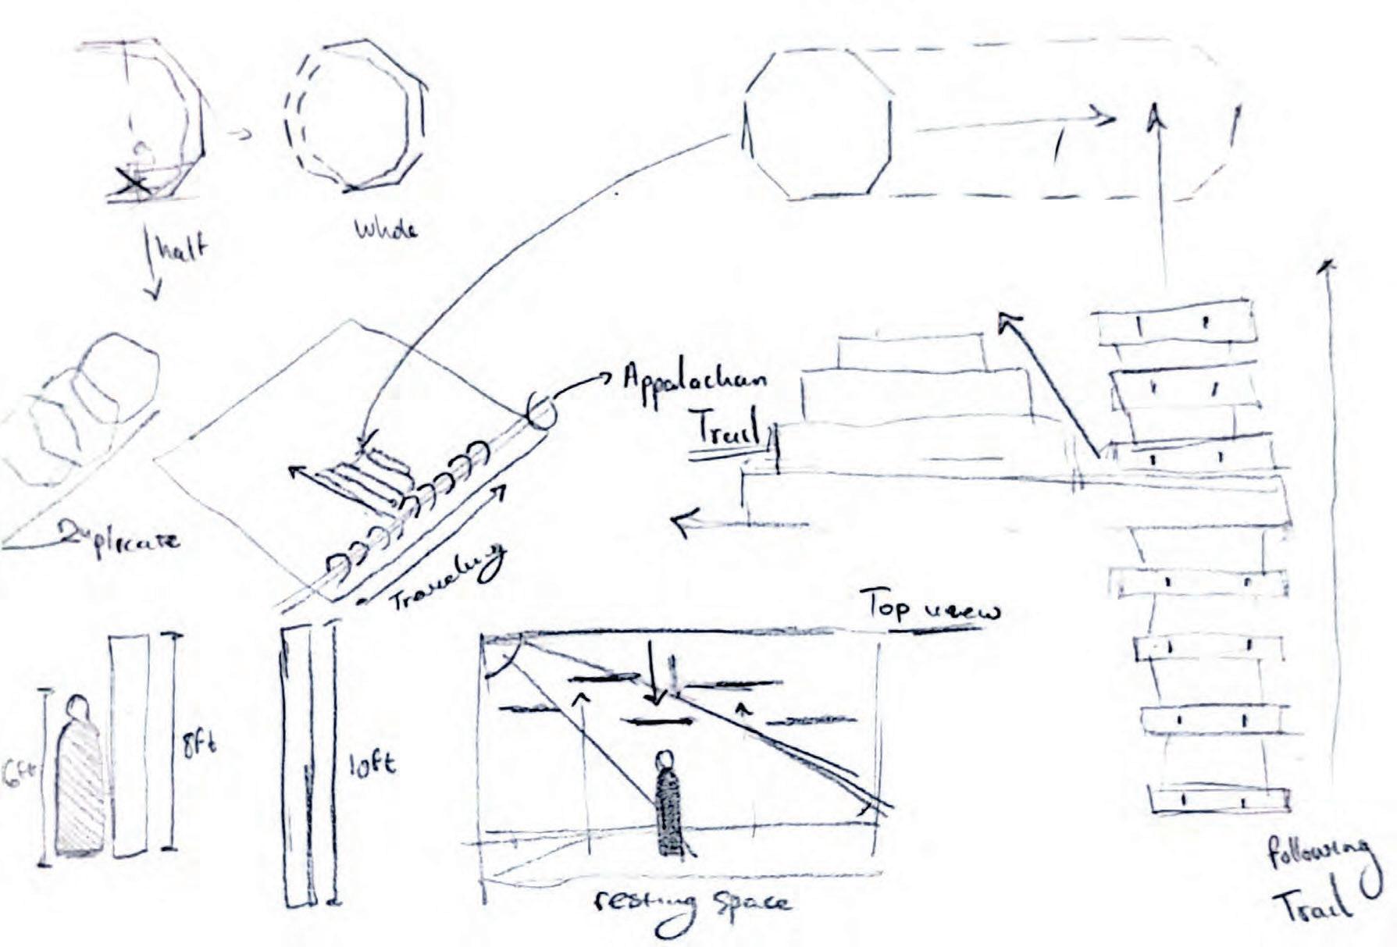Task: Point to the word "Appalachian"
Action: pyautogui.click(x=693, y=380)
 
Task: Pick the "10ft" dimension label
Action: pyautogui.click(x=372, y=763)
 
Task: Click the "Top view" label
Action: pyautogui.click(x=929, y=607)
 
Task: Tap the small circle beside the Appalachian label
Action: pyautogui.click(x=540, y=412)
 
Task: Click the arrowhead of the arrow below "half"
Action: pyautogui.click(x=155, y=294)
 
